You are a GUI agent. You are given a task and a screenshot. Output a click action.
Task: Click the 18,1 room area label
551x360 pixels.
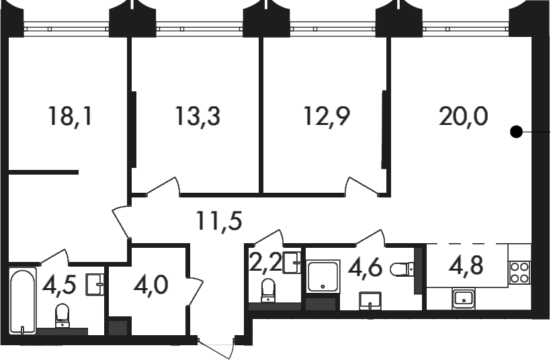tap(71, 116)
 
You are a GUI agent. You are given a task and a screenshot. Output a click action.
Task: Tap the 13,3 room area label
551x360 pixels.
tap(198, 116)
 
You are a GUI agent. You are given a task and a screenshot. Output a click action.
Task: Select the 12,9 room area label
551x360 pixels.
tap(327, 116)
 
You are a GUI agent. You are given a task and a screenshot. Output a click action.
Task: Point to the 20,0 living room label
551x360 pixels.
tap(463, 116)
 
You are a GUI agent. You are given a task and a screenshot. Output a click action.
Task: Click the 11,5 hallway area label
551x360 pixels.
tap(220, 221)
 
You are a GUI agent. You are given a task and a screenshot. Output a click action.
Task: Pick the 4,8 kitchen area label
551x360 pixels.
tap(466, 265)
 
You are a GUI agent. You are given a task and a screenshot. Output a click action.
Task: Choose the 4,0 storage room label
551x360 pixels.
tap(151, 285)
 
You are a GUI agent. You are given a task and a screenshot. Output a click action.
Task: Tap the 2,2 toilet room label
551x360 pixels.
tap(265, 263)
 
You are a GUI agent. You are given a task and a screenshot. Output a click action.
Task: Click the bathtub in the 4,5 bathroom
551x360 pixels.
tap(22, 302)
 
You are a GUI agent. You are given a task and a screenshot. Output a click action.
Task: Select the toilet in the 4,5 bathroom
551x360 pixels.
tap(62, 315)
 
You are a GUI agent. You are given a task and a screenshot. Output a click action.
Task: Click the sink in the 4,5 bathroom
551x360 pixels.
tap(95, 285)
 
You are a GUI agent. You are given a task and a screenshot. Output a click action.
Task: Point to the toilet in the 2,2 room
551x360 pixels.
tap(269, 290)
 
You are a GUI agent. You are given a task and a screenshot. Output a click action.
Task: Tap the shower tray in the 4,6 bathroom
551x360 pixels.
tap(323, 276)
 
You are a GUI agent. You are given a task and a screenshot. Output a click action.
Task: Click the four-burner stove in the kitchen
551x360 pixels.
tap(519, 273)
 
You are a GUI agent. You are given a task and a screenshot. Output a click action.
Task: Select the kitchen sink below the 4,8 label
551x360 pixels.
tap(464, 298)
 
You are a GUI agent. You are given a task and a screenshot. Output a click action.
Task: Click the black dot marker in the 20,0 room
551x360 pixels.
tap(516, 132)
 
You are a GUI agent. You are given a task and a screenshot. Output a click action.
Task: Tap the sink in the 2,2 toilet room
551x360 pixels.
tap(292, 263)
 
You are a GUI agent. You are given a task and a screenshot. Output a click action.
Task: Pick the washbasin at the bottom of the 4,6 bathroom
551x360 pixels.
tap(370, 301)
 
